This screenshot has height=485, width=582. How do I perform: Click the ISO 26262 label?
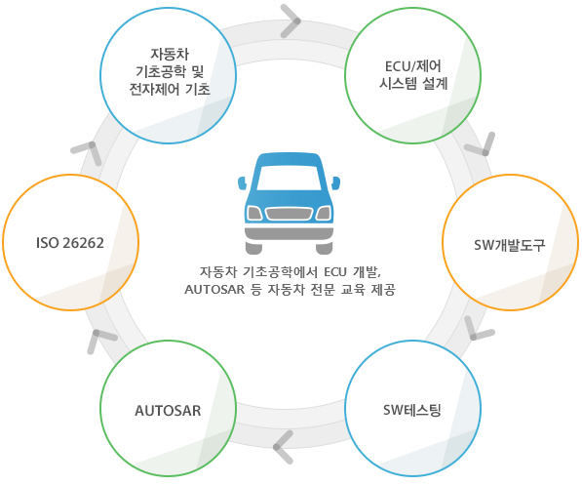(70, 243)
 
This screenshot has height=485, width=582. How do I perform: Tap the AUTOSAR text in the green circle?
(168, 411)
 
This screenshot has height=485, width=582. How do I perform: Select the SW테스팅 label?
(412, 410)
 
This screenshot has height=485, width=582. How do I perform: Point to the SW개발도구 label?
(510, 245)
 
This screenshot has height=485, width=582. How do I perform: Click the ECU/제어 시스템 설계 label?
(413, 75)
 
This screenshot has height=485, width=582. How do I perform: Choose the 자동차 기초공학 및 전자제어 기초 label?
(170, 72)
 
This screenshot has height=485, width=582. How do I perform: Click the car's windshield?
(289, 178)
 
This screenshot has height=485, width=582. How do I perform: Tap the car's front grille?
(289, 214)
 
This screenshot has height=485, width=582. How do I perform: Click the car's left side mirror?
(242, 182)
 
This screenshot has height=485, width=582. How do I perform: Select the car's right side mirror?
(335, 182)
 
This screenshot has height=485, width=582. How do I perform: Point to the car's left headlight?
(254, 214)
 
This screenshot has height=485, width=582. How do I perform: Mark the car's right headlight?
(324, 214)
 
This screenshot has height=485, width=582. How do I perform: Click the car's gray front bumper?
(289, 234)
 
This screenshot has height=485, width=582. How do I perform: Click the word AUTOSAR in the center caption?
(214, 289)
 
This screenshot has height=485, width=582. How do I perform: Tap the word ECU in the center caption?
(335, 272)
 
